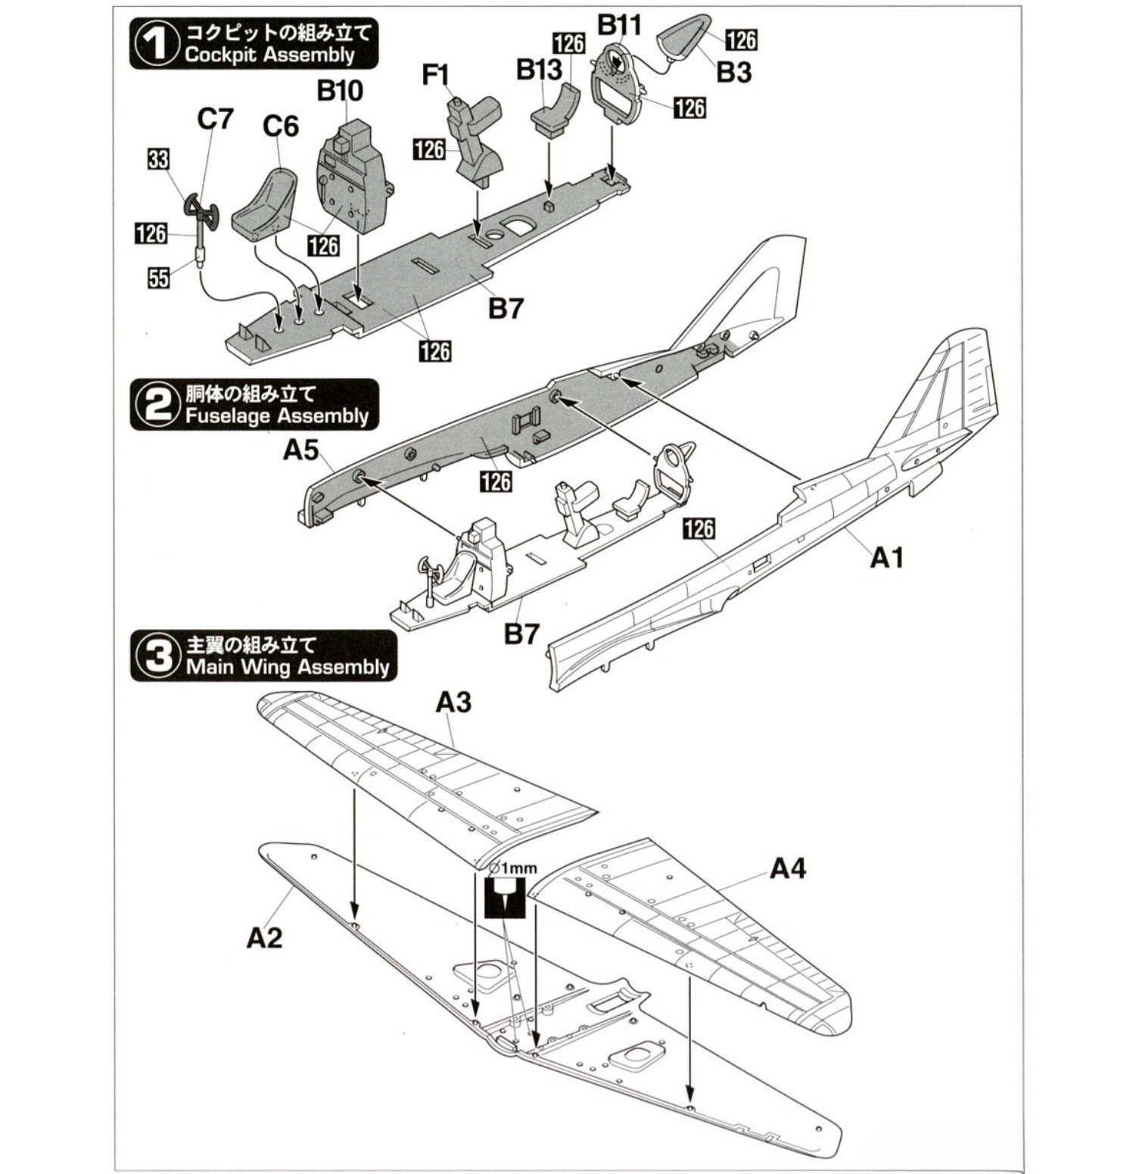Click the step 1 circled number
click(155, 44)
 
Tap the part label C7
click(215, 120)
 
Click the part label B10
click(339, 91)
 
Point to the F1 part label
click(436, 76)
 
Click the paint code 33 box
click(158, 160)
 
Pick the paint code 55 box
click(158, 278)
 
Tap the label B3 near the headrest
click(733, 73)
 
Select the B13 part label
click(539, 70)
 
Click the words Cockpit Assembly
click(269, 55)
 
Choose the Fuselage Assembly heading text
click(276, 416)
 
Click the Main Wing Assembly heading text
click(287, 667)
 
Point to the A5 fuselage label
click(301, 451)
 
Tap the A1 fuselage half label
click(887, 558)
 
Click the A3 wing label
click(453, 702)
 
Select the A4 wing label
click(787, 869)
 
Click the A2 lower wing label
click(264, 938)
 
